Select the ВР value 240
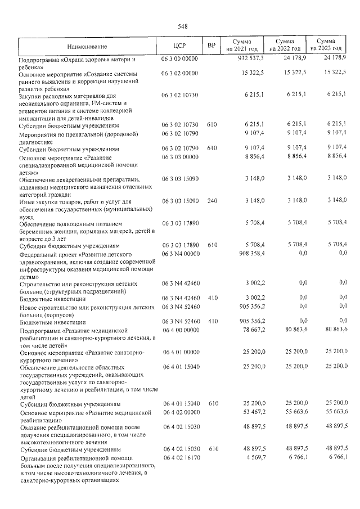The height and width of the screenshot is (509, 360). click(211, 201)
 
